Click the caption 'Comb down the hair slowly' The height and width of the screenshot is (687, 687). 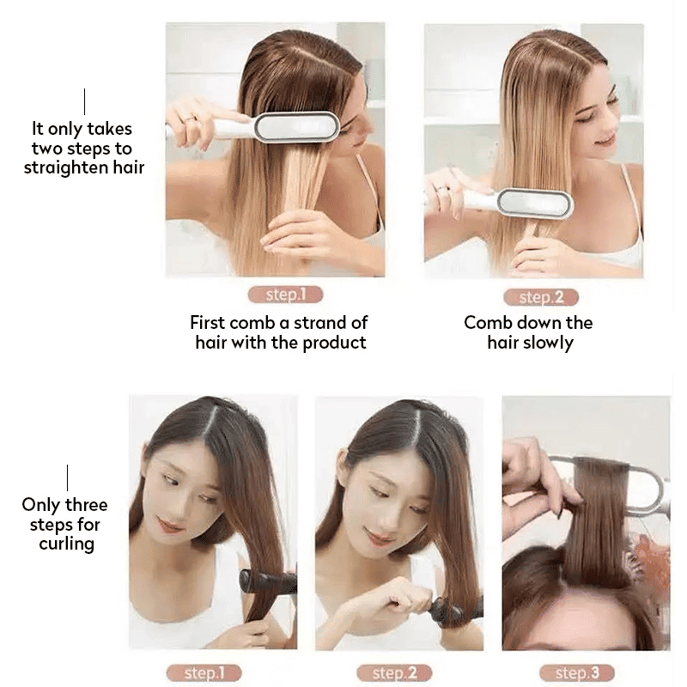coord(528,332)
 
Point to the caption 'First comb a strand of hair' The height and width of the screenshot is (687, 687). coord(279,332)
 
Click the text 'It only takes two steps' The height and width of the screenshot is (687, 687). coord(83,148)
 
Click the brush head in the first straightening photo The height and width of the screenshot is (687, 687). coord(297,127)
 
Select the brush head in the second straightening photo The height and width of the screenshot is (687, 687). coord(534,203)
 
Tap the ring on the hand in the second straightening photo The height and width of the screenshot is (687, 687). coord(441,188)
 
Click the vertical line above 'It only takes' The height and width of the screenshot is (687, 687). coord(84,101)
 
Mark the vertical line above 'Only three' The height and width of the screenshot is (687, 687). coord(67,477)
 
